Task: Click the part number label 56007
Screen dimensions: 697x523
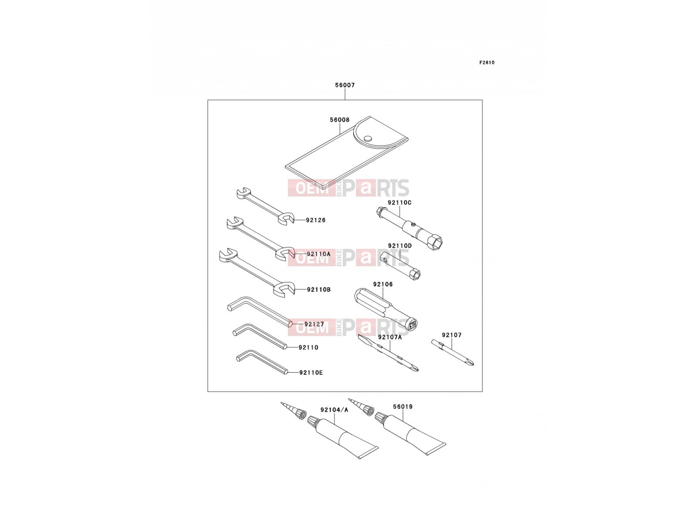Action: coord(345,85)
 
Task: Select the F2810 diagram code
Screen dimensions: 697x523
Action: coord(487,63)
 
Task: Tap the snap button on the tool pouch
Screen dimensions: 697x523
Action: coord(368,139)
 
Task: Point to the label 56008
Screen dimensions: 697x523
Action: coord(339,120)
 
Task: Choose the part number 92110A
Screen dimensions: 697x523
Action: coord(318,254)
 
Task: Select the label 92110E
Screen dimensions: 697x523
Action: coord(311,373)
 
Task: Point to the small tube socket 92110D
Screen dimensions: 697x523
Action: coord(400,265)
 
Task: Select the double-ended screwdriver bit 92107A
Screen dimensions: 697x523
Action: coord(388,352)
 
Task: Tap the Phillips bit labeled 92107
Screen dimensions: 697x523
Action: coord(453,353)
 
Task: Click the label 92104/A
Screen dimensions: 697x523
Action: coord(334,410)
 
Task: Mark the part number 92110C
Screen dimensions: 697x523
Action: coord(399,203)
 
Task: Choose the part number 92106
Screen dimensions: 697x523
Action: coord(383,284)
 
